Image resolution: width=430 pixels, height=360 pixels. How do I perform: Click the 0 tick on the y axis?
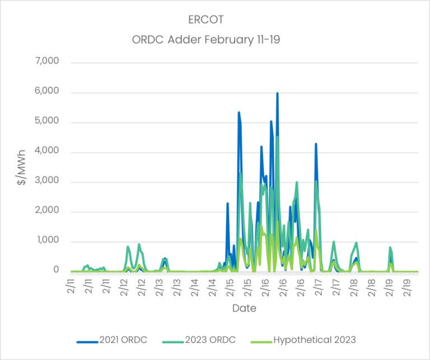point(56,270)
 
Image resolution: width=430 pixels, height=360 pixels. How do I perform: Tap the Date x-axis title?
point(244,308)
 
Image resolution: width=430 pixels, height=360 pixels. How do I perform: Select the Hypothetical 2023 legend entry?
point(314,339)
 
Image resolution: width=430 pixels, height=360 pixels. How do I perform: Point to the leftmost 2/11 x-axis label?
point(71,287)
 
